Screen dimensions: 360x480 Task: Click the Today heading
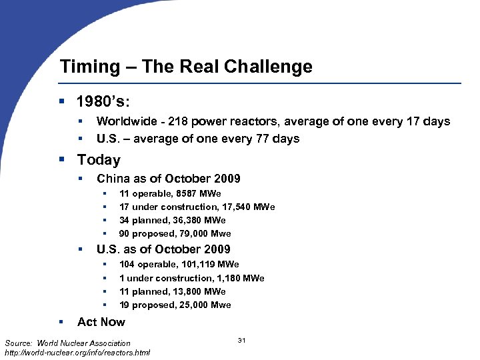coord(99,160)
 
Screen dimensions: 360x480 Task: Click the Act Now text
coord(101,322)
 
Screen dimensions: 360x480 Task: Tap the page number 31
coord(242,341)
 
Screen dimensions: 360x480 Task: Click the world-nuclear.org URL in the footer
coord(77,352)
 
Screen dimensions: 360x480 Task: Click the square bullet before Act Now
coord(62,321)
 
